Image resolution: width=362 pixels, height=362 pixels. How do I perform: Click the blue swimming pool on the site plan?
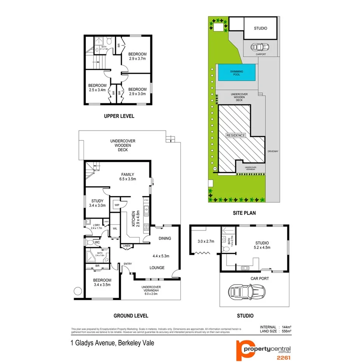237,73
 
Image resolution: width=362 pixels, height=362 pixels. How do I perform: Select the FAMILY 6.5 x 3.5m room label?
128,177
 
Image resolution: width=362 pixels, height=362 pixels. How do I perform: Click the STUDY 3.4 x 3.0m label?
97,203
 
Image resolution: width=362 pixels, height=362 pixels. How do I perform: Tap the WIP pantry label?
116,205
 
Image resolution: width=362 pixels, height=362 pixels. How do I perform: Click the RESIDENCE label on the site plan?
237,136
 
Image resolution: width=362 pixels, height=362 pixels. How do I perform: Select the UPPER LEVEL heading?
119,116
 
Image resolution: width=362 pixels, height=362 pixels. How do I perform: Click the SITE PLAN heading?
244,213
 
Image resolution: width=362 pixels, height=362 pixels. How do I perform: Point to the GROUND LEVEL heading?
131,316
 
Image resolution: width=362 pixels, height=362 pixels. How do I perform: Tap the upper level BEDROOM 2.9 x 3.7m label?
137,56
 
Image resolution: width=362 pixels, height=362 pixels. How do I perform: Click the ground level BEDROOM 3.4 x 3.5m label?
102,282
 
